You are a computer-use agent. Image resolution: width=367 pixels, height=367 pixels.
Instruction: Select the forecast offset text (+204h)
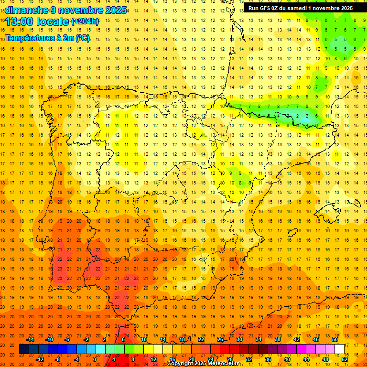coord(85,21)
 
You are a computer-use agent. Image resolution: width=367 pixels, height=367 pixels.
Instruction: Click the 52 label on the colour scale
coord(345,359)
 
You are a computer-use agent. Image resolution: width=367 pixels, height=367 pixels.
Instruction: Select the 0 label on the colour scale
coord(95,359)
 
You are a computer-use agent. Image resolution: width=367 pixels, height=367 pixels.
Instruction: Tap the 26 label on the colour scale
coord(220,339)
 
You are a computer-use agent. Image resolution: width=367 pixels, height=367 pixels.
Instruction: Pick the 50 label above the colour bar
coord(335,339)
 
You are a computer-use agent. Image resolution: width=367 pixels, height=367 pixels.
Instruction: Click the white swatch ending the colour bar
coord(340,349)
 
